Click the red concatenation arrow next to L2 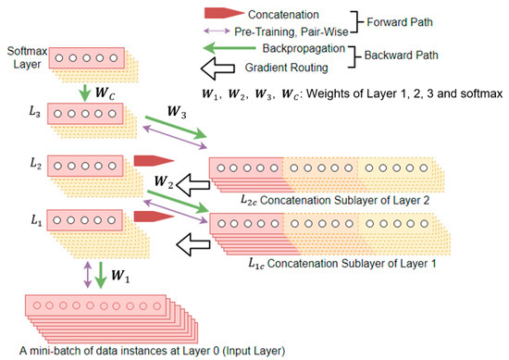coord(146,162)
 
